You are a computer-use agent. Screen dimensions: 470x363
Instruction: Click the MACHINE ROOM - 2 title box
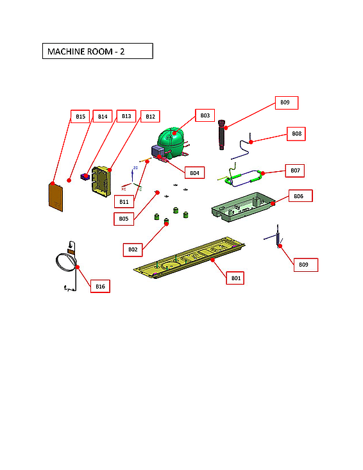(97, 51)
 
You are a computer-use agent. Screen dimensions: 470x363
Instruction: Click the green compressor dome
(171, 138)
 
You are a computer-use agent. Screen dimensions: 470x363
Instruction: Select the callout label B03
(205, 115)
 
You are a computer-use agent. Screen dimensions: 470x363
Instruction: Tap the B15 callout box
(80, 117)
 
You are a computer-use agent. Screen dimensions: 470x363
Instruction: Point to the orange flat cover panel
(57, 196)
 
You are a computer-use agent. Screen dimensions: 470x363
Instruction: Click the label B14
(103, 117)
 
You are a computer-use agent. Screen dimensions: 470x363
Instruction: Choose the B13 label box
(126, 117)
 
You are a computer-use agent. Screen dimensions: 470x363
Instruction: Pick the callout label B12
(150, 117)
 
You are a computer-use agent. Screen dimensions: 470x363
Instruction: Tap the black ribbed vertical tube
(223, 135)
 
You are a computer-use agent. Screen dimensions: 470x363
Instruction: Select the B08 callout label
(296, 134)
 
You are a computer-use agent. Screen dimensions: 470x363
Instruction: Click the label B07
(295, 171)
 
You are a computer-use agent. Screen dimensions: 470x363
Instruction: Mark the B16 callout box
(100, 287)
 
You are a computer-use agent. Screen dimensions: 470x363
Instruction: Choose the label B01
(236, 278)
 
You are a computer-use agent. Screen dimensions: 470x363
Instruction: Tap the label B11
(124, 202)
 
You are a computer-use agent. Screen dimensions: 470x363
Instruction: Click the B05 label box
(124, 219)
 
